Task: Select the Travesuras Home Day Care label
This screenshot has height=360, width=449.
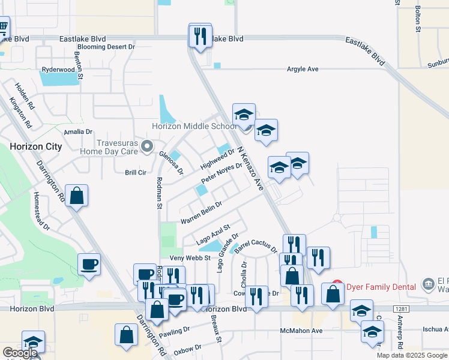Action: tap(118, 148)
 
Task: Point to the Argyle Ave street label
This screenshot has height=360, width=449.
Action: tap(304, 70)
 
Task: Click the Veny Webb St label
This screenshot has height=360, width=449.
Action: tap(190, 258)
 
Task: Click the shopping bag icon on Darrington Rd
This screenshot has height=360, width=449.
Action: tap(77, 196)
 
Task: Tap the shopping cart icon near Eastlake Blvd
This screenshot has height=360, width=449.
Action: tap(3, 27)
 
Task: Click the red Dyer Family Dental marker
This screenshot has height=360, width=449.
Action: tap(337, 287)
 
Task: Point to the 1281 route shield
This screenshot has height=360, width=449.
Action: tap(400, 308)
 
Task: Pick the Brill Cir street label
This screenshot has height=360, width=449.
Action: tap(136, 172)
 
